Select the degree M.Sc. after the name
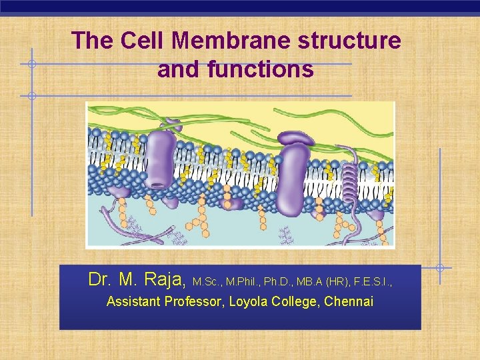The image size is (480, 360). [x=207, y=282]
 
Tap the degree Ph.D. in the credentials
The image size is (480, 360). [x=281, y=282]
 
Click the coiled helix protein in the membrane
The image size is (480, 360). [x=349, y=180]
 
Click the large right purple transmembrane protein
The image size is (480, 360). [x=291, y=177]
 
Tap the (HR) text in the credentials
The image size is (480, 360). [x=337, y=282]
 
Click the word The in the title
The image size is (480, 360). [x=93, y=41]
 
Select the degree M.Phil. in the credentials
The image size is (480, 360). [x=243, y=282]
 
